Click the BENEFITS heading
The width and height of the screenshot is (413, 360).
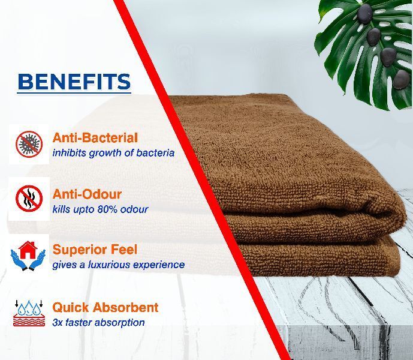click(x=74, y=82)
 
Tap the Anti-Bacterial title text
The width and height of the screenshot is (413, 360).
click(x=95, y=137)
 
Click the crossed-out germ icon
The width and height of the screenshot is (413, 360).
click(x=29, y=144)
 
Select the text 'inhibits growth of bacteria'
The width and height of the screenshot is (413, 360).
click(x=113, y=153)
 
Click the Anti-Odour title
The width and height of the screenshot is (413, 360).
click(x=87, y=194)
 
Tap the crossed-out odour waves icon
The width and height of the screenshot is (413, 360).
click(x=29, y=199)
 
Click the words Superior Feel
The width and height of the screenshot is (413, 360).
click(x=95, y=250)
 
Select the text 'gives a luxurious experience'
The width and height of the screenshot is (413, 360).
click(x=118, y=265)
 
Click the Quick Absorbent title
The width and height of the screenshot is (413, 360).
click(x=105, y=307)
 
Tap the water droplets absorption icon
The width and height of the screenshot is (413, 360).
click(x=29, y=313)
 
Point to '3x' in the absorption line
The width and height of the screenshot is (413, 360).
click(x=57, y=322)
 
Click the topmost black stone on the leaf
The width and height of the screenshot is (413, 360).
click(x=365, y=14)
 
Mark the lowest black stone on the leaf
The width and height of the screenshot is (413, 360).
click(x=402, y=79)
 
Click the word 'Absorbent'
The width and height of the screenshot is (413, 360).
click(x=125, y=307)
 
